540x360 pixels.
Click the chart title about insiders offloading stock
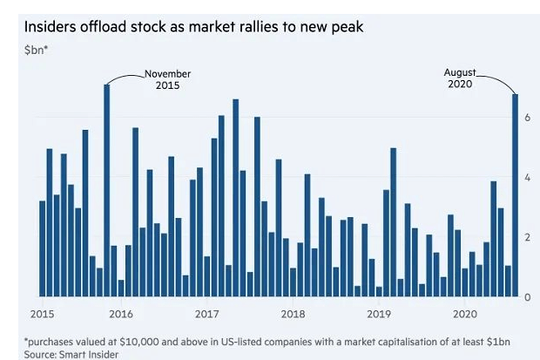tap(195, 26)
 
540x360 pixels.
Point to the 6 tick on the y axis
tap(527, 117)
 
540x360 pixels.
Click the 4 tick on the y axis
tap(527, 177)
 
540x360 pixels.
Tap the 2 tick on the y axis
tap(527, 237)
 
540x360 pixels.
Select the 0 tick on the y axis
tap(527, 297)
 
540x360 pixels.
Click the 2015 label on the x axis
tap(42, 312)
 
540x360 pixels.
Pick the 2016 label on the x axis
tap(121, 312)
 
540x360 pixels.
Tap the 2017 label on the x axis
tap(207, 312)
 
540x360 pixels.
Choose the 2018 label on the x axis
tap(294, 312)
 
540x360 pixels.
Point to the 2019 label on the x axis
tap(380, 312)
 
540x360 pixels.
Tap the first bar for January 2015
tap(43, 248)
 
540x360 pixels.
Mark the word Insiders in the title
tap(54, 26)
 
